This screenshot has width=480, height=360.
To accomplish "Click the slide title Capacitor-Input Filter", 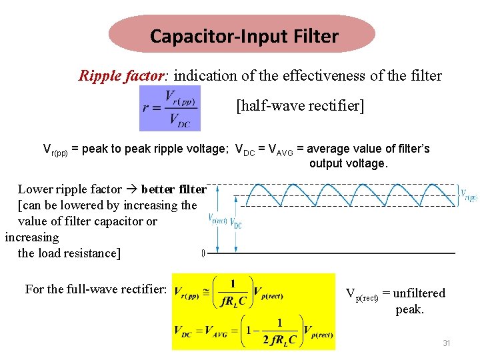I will (x=244, y=35).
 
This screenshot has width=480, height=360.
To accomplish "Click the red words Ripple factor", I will (x=120, y=75).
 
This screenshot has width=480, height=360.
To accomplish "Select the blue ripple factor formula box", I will (x=169, y=108).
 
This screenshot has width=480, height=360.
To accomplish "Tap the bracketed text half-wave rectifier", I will (x=301, y=106).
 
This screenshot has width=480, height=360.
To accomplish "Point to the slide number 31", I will (x=447, y=343).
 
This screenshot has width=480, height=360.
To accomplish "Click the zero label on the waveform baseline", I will (x=203, y=253).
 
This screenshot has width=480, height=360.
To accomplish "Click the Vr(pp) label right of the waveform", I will (x=469, y=195).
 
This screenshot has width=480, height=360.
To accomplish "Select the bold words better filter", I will (x=173, y=189).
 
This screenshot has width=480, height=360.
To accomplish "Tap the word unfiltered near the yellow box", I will (x=419, y=293).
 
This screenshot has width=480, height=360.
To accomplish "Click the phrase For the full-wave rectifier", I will (x=95, y=289).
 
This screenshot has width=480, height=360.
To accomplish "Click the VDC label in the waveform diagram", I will (x=237, y=225).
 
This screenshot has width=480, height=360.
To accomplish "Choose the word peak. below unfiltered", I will (x=409, y=309).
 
